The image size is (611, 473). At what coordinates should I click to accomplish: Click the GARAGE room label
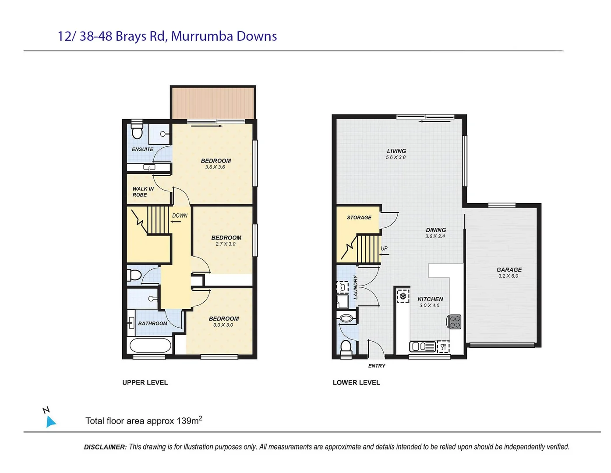[x=509, y=270]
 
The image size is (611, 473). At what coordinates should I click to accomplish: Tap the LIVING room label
[x=396, y=151]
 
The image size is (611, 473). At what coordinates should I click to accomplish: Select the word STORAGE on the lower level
[x=359, y=218]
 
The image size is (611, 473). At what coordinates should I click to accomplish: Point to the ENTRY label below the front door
[x=377, y=366]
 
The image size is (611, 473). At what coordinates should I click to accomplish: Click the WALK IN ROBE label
[x=143, y=192]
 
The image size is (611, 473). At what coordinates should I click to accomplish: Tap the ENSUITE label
[x=142, y=149]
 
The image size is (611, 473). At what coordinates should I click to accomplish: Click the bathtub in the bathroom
[x=150, y=346]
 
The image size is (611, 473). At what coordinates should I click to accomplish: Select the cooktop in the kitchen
[x=455, y=322]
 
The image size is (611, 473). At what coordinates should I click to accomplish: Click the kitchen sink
[x=422, y=347]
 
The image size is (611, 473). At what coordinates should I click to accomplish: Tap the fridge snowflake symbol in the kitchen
[x=403, y=296]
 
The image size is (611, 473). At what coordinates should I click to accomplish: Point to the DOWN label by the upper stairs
[x=180, y=215]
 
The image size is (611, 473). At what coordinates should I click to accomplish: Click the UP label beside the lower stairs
[x=384, y=248]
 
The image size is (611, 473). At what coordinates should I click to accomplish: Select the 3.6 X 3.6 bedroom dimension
[x=215, y=167]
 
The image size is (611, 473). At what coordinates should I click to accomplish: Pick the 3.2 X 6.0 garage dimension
[x=508, y=276]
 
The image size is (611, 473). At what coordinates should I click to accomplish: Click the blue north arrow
[x=51, y=421]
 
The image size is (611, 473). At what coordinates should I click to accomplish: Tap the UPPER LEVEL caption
[x=145, y=383]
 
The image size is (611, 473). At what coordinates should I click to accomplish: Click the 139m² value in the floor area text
[x=189, y=421]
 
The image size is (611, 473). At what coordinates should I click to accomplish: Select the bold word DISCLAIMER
[x=105, y=447]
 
